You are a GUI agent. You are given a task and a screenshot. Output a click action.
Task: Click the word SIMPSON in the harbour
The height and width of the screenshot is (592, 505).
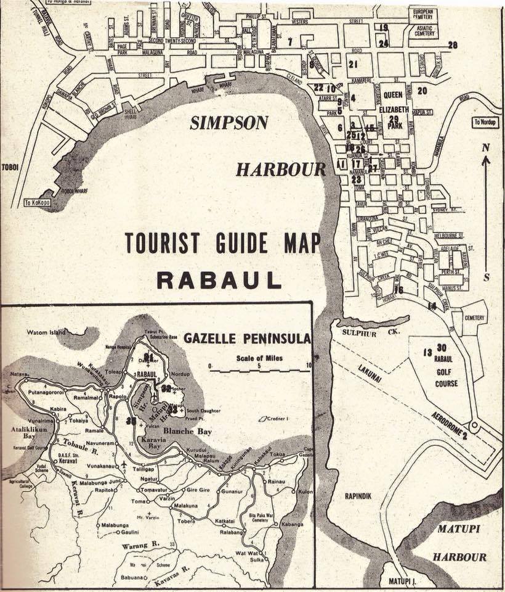click(x=228, y=123)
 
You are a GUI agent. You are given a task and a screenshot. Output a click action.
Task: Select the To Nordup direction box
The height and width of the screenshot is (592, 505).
click(x=486, y=122)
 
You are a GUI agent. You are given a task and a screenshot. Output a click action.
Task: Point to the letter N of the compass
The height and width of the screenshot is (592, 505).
click(x=486, y=148)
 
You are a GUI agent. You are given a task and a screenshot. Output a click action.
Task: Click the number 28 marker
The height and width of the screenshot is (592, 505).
click(x=453, y=45)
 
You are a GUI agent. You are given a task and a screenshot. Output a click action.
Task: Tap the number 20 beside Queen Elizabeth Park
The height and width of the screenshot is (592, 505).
click(x=422, y=91)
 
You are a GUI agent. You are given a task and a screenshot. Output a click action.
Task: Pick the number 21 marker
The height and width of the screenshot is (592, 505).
click(x=353, y=64)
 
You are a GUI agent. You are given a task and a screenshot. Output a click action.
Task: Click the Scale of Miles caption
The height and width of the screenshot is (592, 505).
click(x=259, y=357)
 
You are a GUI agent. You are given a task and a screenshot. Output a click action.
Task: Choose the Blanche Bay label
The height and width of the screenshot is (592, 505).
click(x=188, y=432)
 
